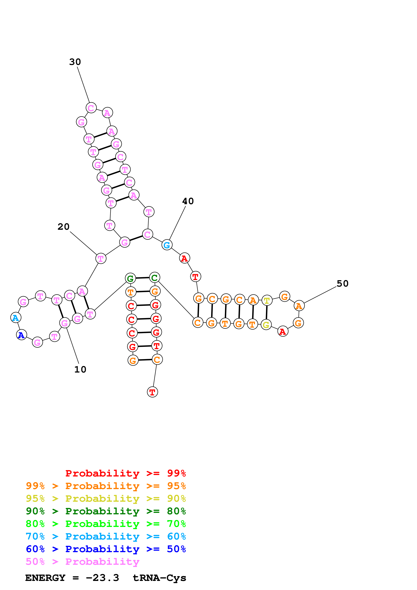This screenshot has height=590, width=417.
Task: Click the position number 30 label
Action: [x=75, y=62]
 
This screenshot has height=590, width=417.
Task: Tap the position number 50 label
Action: [x=342, y=284]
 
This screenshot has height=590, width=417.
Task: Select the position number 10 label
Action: [x=80, y=370]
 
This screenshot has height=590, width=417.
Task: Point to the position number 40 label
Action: [x=188, y=201]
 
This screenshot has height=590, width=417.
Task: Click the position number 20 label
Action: [x=63, y=227]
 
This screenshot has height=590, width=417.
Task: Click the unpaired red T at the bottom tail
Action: [x=152, y=392]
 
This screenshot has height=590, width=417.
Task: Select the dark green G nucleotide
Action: [x=130, y=278]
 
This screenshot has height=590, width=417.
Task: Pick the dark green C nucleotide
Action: [x=154, y=278]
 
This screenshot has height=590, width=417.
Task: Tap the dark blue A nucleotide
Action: [x=22, y=335]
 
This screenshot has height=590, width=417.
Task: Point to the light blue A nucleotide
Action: [x=16, y=318]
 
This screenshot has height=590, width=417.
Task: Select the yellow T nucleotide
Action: [x=267, y=300]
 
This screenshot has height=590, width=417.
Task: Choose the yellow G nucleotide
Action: [x=266, y=325]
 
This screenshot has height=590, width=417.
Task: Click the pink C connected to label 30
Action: [x=91, y=108]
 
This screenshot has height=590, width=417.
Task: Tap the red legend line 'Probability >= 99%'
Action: [x=125, y=473]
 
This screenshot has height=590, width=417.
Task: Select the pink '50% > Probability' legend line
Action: [x=82, y=562]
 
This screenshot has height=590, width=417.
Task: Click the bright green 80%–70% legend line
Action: [x=106, y=524]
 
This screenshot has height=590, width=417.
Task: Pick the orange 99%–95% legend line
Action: [x=106, y=486]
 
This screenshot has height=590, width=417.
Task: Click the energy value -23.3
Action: [x=102, y=578]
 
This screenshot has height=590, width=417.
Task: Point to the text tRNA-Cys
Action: [x=159, y=578]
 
